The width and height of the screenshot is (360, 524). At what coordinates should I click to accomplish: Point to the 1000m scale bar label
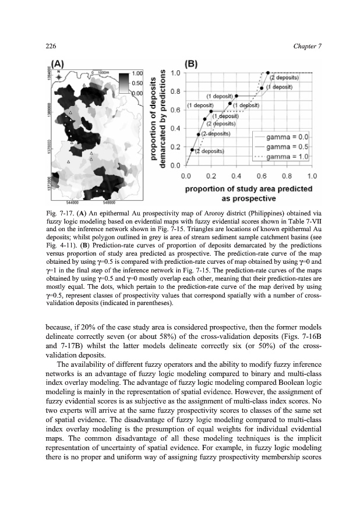click(x=104, y=73)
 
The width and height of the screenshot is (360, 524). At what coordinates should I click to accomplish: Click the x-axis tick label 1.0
click(x=312, y=175)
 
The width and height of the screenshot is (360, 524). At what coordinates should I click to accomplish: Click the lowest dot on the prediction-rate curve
click(x=192, y=150)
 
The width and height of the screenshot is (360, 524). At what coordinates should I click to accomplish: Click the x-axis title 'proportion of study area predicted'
click(x=249, y=188)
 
